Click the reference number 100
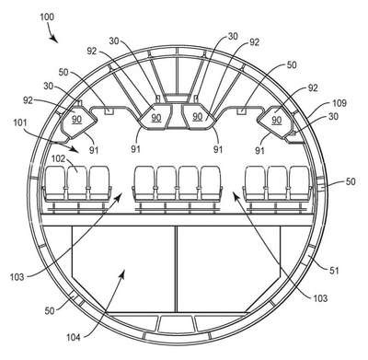pyautogui.click(x=47, y=17)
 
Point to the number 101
pyautogui.click(x=20, y=123)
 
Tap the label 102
pyautogui.click(x=58, y=159)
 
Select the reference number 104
pyautogui.click(x=74, y=338)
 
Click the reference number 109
pyautogui.click(x=339, y=103)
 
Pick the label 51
pyautogui.click(x=334, y=271)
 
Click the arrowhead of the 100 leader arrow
pyautogui.click(x=54, y=40)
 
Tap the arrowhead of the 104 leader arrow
pyautogui.click(x=122, y=273)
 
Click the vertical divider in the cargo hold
pyautogui.click(x=177, y=269)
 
